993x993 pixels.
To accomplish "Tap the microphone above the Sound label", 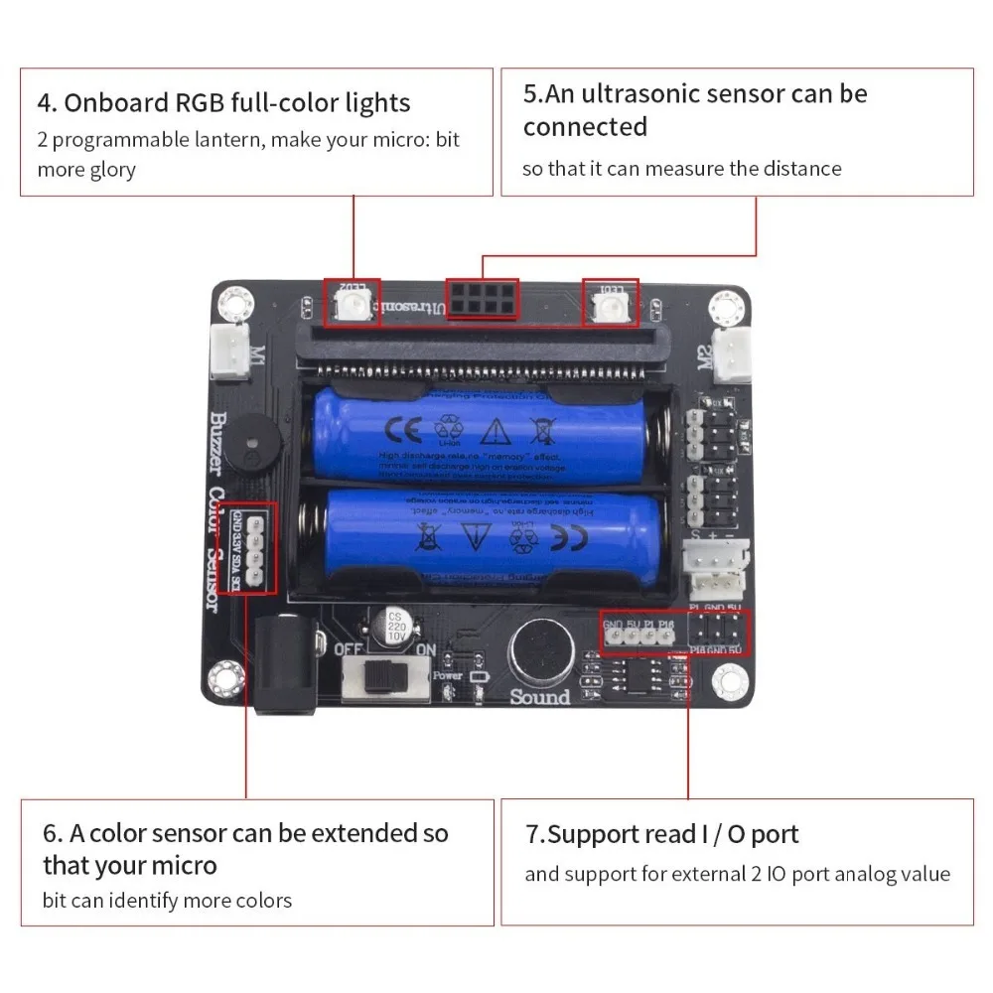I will [x=539, y=651].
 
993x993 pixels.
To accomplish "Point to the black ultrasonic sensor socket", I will [x=482, y=297].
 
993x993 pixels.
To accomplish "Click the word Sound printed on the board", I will [x=539, y=696].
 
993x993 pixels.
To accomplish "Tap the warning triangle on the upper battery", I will [x=494, y=430].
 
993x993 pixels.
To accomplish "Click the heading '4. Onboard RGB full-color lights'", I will [x=223, y=102].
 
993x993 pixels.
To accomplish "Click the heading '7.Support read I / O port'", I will [x=661, y=834].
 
